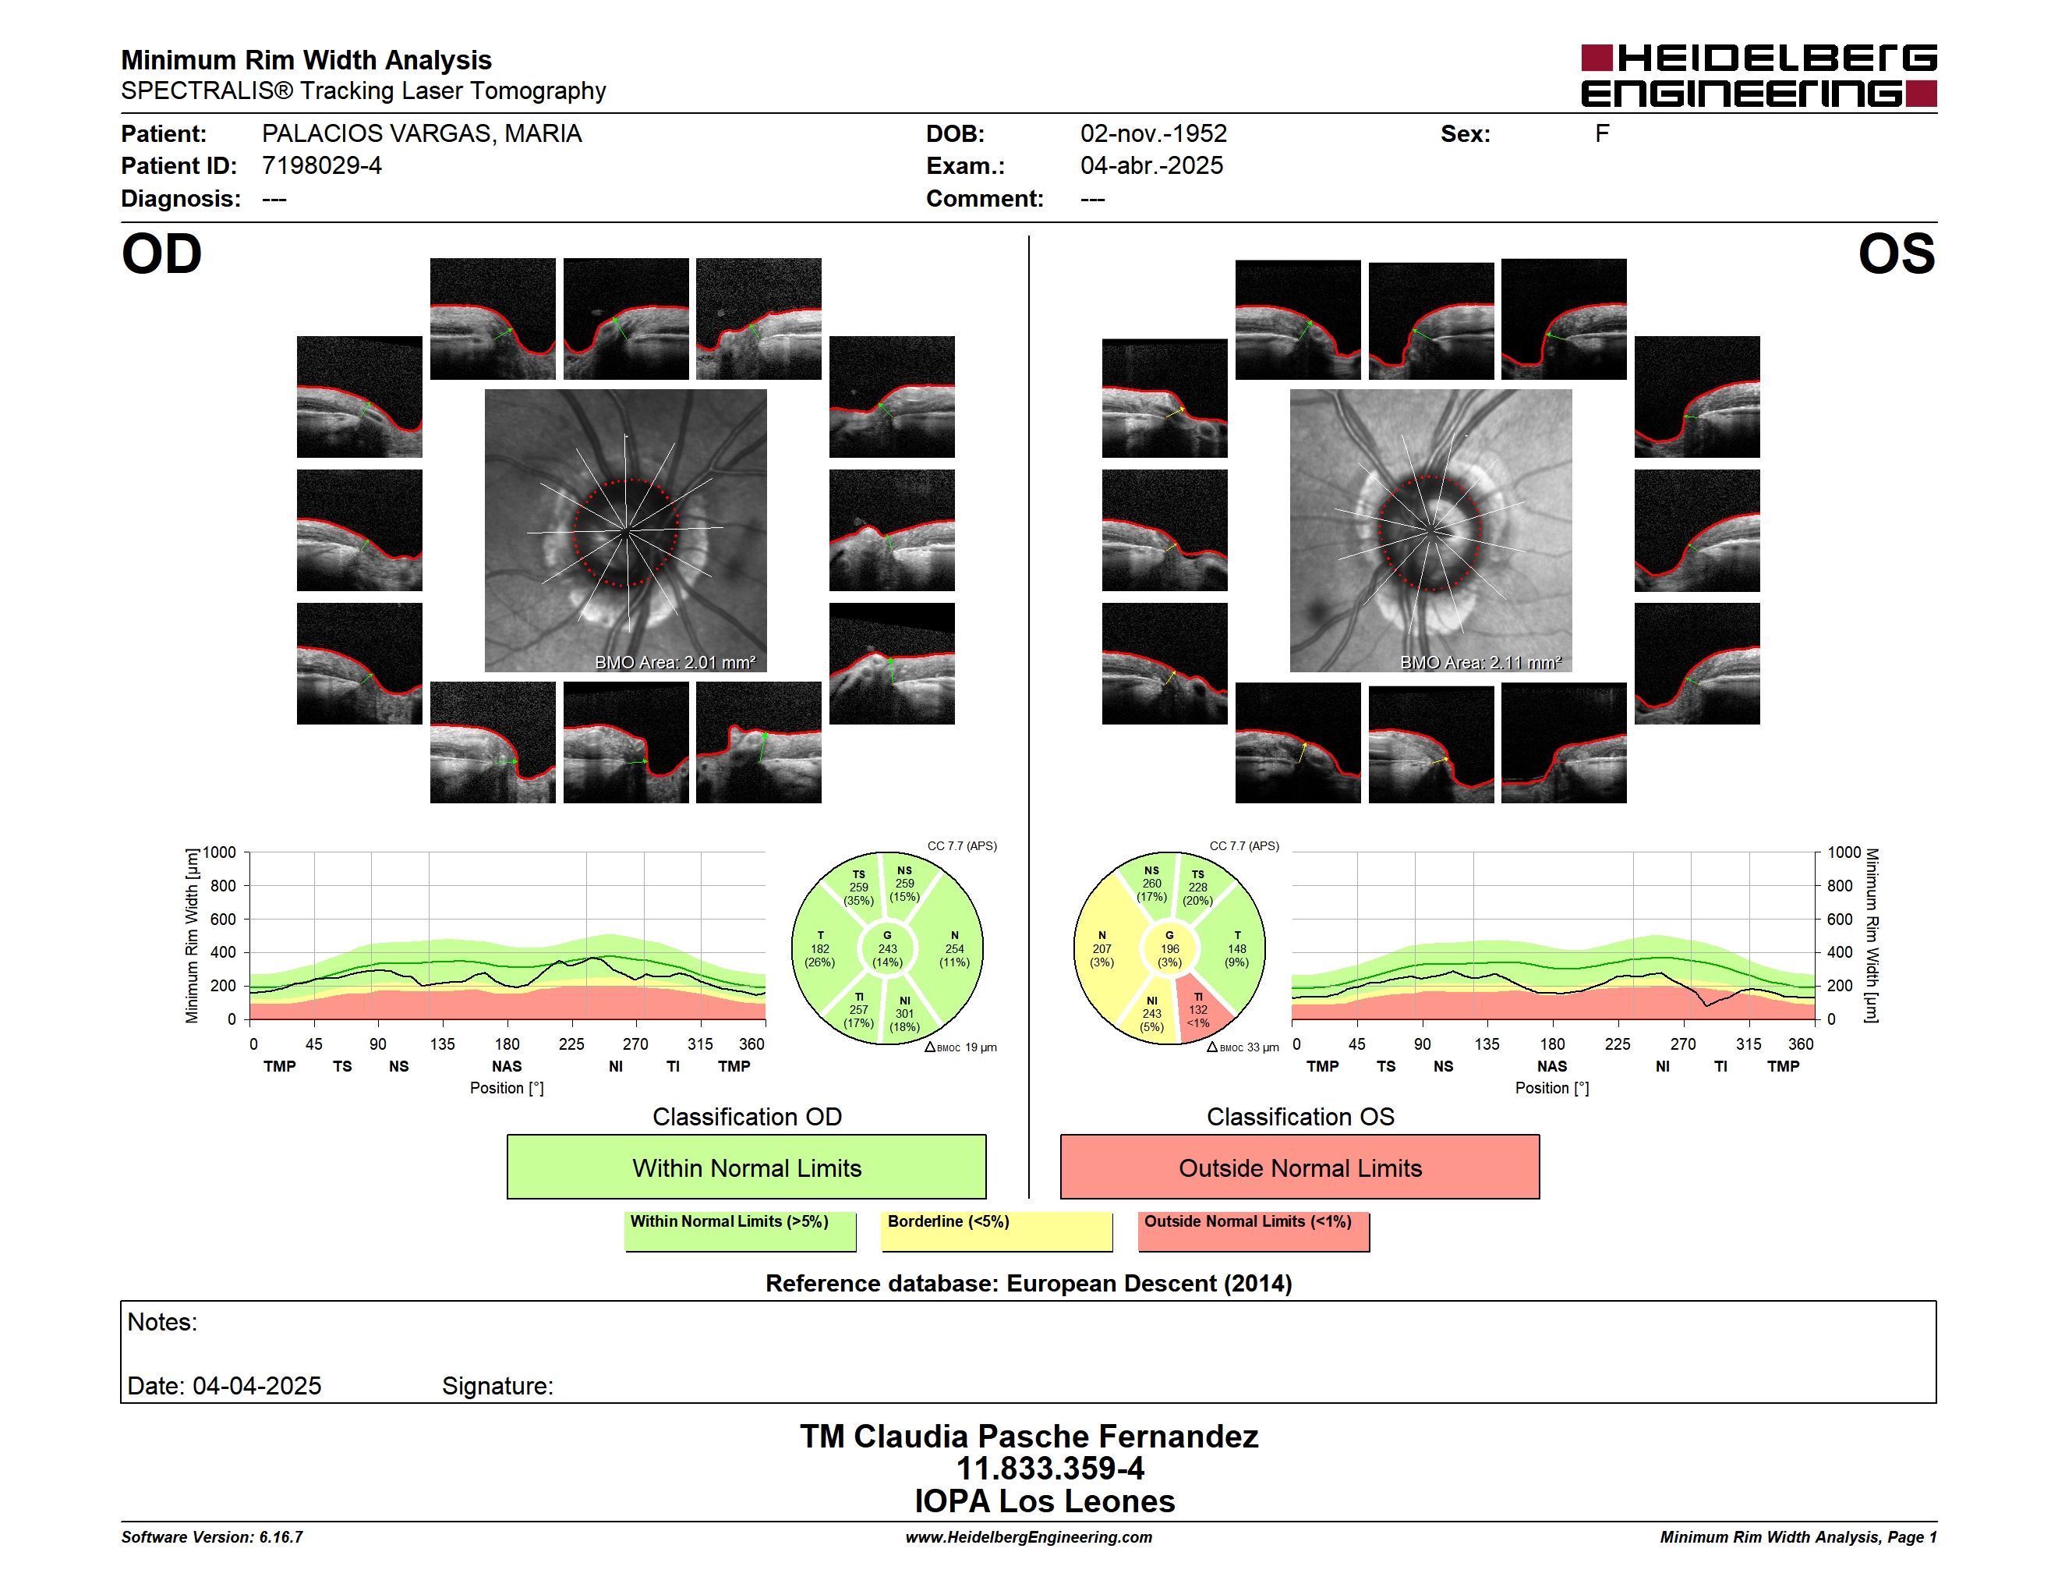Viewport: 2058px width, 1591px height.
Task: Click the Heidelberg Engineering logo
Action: (1759, 76)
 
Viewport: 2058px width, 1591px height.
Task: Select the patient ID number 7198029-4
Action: (321, 166)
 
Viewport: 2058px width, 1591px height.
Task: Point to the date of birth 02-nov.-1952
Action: (1154, 134)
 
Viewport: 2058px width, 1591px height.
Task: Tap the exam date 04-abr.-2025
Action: (1151, 166)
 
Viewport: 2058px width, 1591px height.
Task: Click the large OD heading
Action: (162, 254)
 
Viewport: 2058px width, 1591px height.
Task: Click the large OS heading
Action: (1896, 254)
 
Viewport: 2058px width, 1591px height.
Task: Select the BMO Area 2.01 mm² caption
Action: (674, 663)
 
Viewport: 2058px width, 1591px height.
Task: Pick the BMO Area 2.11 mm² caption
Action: (1480, 663)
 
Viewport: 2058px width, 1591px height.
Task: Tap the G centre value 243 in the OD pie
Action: (888, 949)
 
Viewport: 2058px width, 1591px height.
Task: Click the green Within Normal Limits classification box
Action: (746, 1167)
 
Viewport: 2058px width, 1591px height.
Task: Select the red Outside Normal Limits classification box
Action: (1300, 1167)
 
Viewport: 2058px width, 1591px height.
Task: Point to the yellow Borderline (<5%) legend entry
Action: (997, 1231)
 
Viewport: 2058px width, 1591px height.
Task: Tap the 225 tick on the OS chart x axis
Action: (1617, 1044)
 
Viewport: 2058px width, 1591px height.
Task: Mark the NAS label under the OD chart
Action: (507, 1066)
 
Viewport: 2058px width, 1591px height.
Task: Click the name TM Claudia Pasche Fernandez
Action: (1029, 1437)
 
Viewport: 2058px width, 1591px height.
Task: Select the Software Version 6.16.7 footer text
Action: (212, 1537)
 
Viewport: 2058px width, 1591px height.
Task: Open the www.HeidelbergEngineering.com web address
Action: (1029, 1537)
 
